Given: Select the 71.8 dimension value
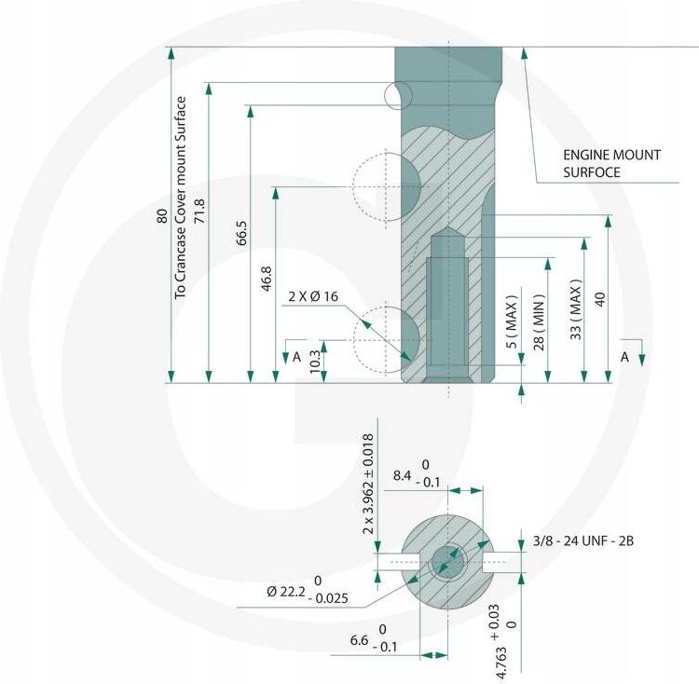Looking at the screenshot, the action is [x=199, y=212].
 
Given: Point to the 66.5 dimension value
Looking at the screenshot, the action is [x=241, y=233].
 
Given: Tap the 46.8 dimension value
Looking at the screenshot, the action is [x=267, y=279].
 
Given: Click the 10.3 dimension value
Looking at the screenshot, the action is [x=314, y=362].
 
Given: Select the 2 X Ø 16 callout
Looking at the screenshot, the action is [x=313, y=296].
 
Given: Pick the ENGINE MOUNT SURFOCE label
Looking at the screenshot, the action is [x=611, y=163].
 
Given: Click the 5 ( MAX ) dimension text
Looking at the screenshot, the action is [x=513, y=321].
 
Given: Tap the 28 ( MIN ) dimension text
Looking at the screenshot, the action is [x=539, y=322].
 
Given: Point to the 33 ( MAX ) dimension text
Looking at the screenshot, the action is [x=576, y=309].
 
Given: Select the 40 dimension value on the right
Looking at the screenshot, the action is [x=600, y=299].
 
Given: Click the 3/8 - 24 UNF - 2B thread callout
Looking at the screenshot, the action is [x=583, y=541].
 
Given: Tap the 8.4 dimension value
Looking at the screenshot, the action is [x=402, y=476].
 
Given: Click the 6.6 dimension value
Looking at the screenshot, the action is [x=360, y=640].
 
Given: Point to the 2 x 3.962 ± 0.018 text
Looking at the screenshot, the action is [x=368, y=485].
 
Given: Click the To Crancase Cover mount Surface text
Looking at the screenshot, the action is [x=181, y=198].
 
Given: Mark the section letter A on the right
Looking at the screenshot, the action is [x=625, y=357].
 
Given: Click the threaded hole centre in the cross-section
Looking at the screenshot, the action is [x=447, y=562].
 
